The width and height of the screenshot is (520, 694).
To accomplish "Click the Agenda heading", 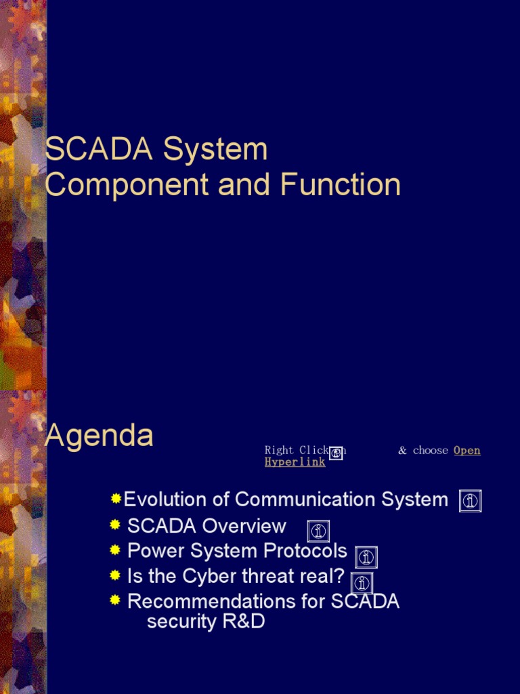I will (x=99, y=435).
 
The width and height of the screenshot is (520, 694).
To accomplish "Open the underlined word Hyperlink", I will (x=295, y=462).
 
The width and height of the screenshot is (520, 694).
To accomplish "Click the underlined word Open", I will (x=467, y=451).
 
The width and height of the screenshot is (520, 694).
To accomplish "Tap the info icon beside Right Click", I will (x=336, y=453).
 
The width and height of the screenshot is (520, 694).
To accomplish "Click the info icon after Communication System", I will (x=470, y=501).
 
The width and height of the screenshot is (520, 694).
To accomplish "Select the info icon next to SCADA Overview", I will (x=318, y=531).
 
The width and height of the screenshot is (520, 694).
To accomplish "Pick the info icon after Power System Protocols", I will (x=366, y=557).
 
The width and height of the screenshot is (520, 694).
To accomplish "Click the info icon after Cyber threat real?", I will (x=362, y=583).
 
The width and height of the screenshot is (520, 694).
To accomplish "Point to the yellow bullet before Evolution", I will (x=116, y=499).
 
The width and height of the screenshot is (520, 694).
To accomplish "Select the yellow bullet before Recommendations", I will (x=115, y=600).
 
